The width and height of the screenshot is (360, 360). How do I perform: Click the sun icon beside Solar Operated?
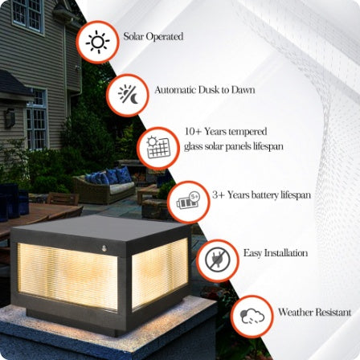click(x=97, y=41)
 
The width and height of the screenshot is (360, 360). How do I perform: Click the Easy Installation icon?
click(x=218, y=259)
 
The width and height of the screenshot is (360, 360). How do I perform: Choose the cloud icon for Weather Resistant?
click(x=252, y=316)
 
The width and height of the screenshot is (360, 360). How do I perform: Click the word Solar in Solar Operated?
click(x=131, y=37)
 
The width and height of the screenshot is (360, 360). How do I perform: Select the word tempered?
click(x=249, y=131)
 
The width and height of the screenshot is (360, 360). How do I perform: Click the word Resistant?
click(x=333, y=311)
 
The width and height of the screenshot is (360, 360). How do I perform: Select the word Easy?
click(x=252, y=252)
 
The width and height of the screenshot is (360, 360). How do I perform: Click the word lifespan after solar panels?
click(x=269, y=146)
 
